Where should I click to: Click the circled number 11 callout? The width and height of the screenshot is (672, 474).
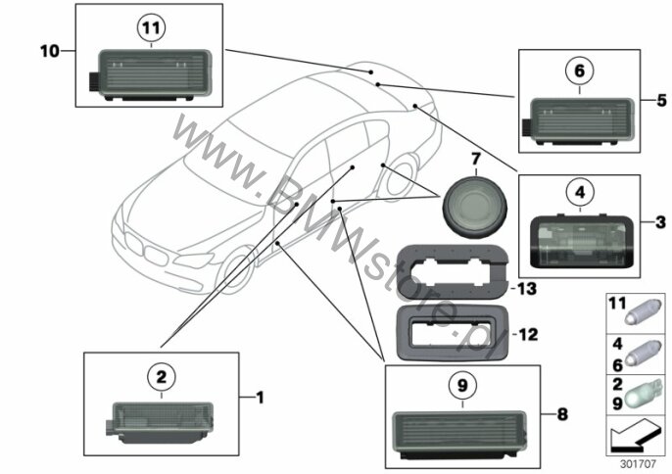pos(151,27)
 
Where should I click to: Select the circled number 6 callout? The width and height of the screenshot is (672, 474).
pos(580,71)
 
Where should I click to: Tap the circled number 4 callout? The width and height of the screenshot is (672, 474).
pos(580,193)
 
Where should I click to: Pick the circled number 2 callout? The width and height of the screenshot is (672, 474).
pos(161,378)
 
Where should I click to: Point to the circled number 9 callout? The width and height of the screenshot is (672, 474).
pos(462,386)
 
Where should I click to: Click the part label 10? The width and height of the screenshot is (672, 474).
pos(49,52)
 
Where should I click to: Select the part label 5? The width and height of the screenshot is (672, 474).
pos(662,100)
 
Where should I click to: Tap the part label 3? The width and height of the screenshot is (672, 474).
pos(660,222)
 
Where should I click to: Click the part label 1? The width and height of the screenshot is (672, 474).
pos(260,398)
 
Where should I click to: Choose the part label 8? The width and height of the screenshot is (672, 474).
pos(562,414)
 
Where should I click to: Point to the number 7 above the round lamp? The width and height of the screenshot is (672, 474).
pos(476,160)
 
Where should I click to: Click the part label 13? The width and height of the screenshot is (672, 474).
pos(527,289)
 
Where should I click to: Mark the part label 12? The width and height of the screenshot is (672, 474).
pos(528,334)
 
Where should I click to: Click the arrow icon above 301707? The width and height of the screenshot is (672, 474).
pos(635,435)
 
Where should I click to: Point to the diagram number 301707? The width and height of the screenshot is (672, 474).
pos(638,463)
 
